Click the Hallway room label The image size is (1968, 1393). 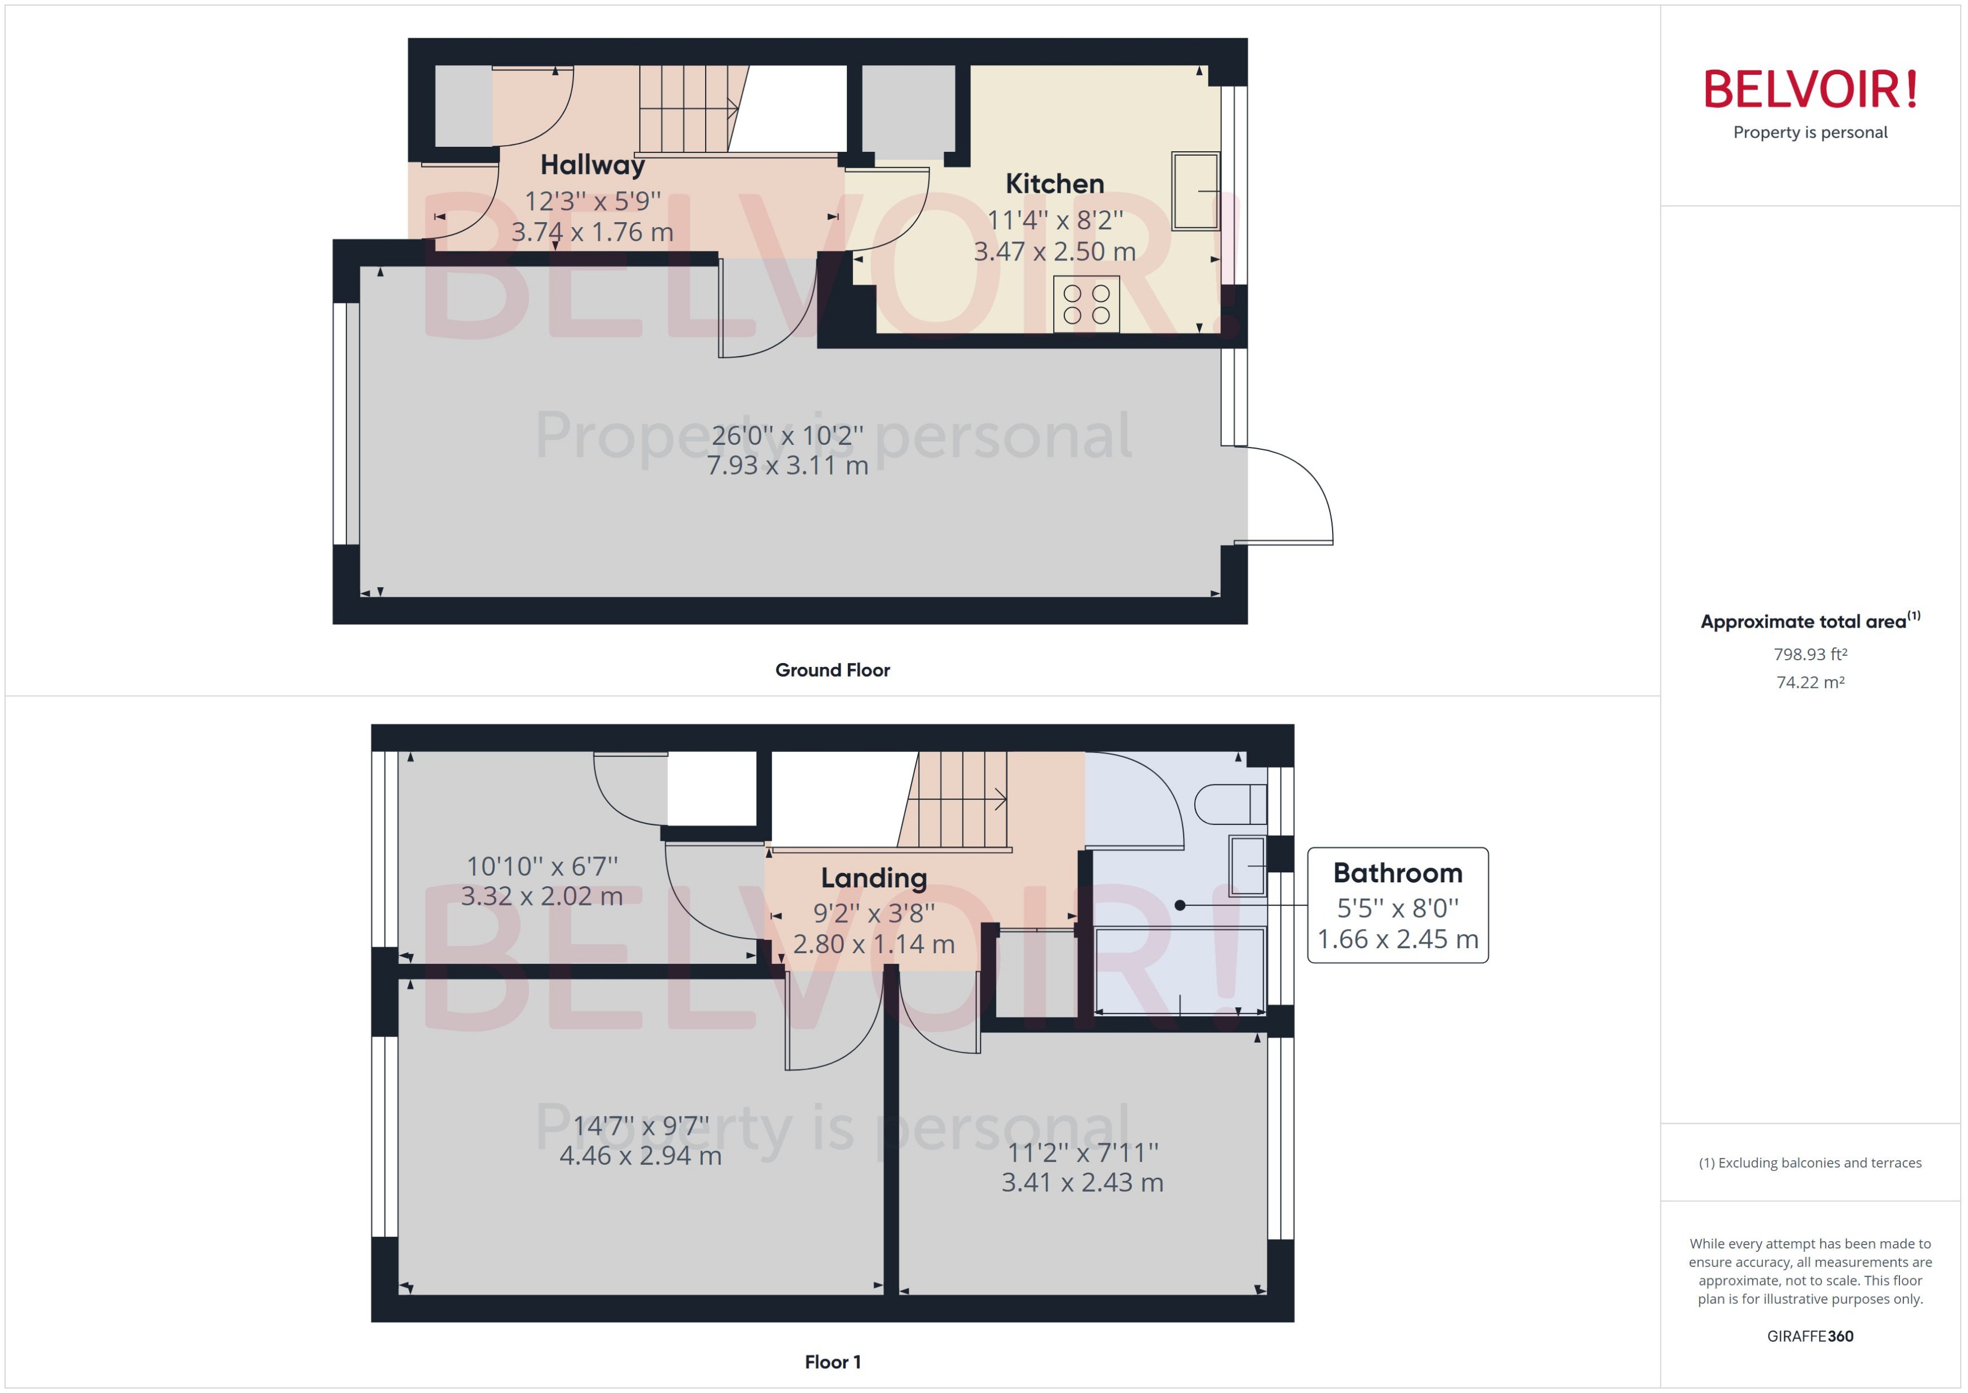[x=592, y=165]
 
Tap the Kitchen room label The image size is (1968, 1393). [x=1054, y=183]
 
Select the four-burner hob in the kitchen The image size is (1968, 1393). [x=1086, y=304]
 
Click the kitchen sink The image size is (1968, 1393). [x=1195, y=191]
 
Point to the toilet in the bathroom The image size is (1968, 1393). [x=1229, y=804]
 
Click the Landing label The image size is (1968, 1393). [x=873, y=878]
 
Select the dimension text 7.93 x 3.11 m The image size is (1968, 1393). [x=787, y=466]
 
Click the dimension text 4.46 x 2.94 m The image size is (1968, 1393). [x=640, y=1156]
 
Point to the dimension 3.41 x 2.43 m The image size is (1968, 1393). [x=1082, y=1183]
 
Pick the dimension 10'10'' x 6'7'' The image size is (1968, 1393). [x=542, y=866]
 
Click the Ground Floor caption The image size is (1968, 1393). [x=832, y=670]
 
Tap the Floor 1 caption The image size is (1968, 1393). [x=832, y=1362]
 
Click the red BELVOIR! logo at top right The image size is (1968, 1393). [x=1809, y=89]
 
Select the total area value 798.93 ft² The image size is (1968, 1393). [x=1809, y=655]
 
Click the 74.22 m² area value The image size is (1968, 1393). [x=1809, y=683]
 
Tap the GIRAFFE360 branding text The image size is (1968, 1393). [x=1809, y=1336]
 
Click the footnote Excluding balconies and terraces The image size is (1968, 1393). [x=1809, y=1163]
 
